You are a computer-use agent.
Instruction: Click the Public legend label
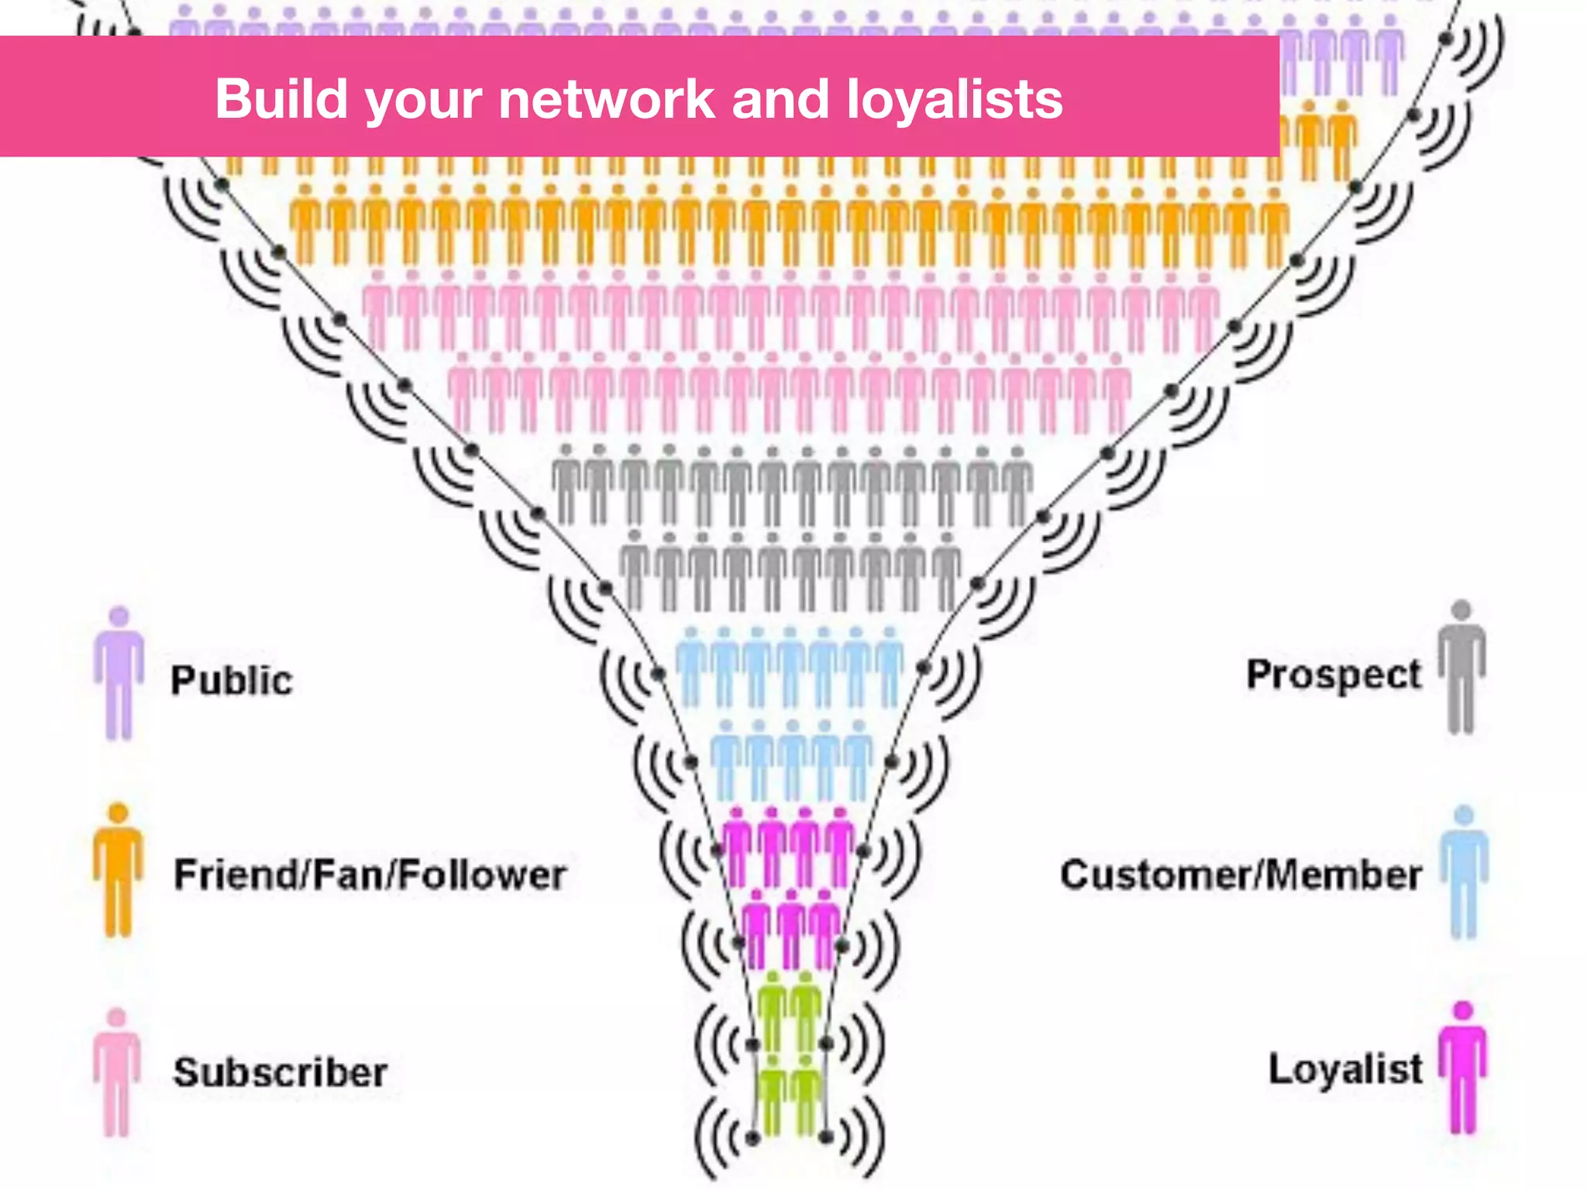[232, 680]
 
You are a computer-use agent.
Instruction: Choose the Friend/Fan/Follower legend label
[370, 875]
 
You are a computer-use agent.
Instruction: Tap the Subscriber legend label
[280, 1072]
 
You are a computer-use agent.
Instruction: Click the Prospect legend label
[1334, 675]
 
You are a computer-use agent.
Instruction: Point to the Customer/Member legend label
[1241, 875]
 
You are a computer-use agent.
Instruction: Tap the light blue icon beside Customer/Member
[1464, 871]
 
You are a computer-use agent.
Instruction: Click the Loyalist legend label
[1345, 1069]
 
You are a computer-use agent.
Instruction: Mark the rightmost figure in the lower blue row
[858, 759]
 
